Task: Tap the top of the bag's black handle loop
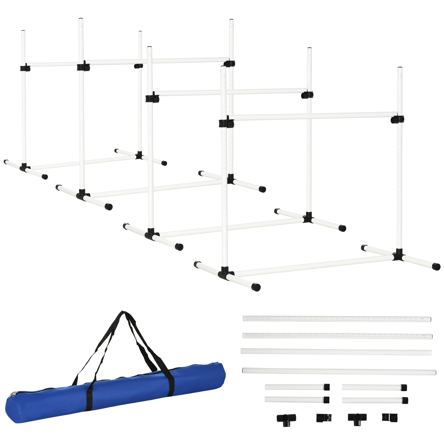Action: (124, 313)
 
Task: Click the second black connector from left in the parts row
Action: (324, 418)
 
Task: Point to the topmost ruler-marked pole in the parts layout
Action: (336, 319)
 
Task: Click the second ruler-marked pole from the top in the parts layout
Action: (337, 336)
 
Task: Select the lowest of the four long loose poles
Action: (339, 371)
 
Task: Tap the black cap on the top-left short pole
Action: (327, 387)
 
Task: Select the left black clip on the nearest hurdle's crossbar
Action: (226, 123)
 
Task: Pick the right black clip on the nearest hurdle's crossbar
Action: (397, 120)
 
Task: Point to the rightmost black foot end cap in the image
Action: (436, 266)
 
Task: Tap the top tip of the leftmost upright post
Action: (23, 32)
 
